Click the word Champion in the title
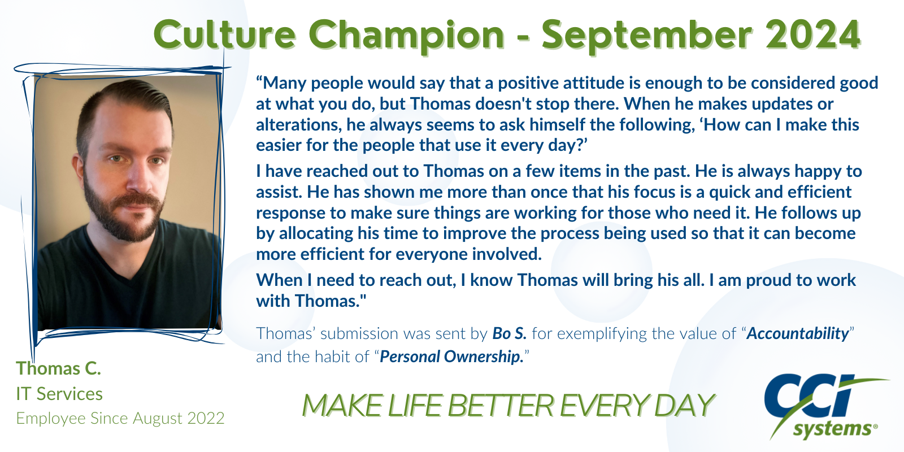[407, 36]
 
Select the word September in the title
[646, 36]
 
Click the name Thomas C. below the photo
[59, 368]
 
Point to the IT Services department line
[59, 394]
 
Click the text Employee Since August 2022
[120, 419]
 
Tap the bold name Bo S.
[509, 333]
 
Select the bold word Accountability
[798, 334]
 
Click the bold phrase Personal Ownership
[451, 357]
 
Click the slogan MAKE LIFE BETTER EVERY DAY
[508, 405]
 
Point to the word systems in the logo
[833, 429]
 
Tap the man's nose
[138, 177]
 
